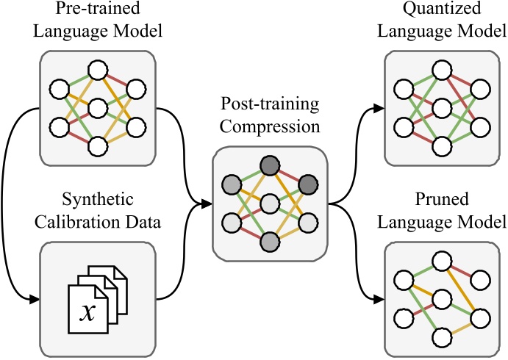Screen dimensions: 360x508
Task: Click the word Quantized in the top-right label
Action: pos(440,10)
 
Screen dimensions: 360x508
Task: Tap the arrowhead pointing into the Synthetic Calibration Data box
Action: pos(34,299)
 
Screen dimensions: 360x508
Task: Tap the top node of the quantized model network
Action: pos(440,70)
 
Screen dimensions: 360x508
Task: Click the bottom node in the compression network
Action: pos(270,242)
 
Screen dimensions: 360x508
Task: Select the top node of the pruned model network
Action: pos(440,261)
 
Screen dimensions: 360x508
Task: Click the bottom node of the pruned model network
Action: pos(440,337)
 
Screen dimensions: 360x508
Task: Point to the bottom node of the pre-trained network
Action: pos(97,146)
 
